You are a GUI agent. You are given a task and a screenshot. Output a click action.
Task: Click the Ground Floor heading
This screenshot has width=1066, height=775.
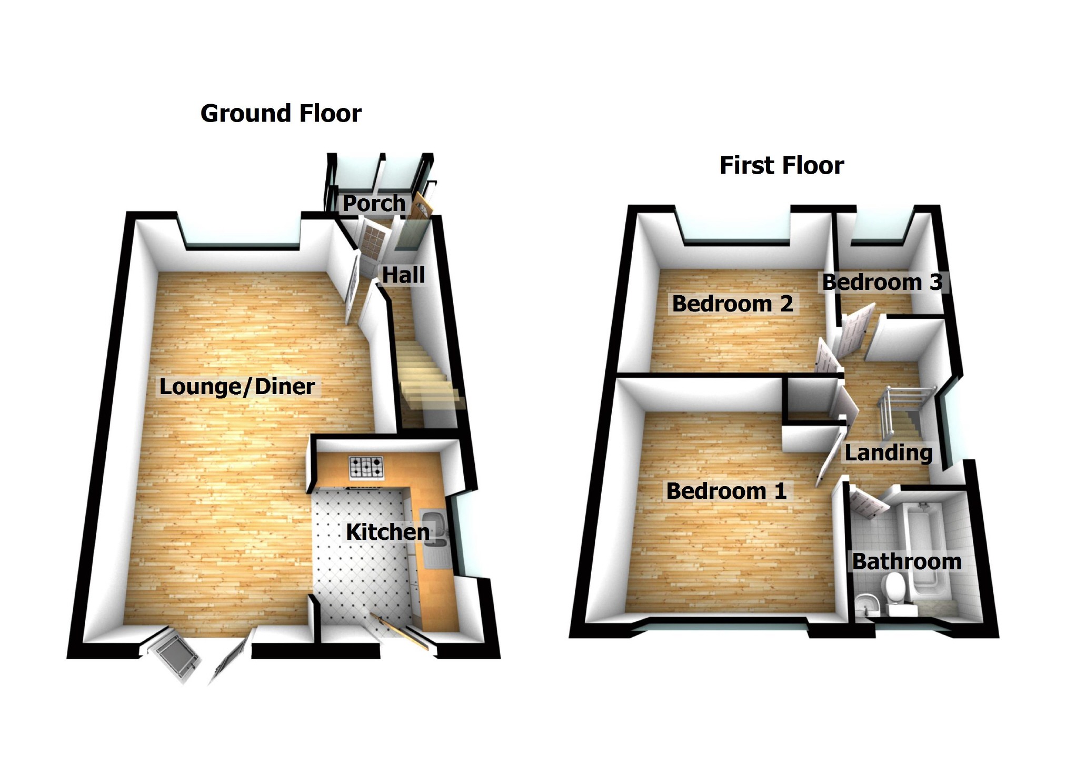point(281,114)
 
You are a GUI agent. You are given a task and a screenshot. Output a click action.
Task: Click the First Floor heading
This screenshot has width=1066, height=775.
point(781,166)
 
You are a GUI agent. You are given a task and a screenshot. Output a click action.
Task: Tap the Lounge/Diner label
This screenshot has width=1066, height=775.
point(237,387)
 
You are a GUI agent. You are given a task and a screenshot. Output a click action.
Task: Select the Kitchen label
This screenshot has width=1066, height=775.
point(387,532)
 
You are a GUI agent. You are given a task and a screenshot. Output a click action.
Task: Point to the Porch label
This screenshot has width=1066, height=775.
point(374,204)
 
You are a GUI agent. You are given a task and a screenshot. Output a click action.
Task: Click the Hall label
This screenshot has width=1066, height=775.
point(403,275)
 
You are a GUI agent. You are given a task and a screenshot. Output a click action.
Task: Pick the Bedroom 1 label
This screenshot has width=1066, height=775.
point(726,491)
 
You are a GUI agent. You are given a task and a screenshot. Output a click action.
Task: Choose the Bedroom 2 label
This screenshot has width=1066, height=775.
point(732,304)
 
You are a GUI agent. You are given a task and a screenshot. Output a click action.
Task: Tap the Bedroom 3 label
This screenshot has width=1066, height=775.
point(882,283)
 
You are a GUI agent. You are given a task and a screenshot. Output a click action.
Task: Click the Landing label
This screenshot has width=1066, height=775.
point(889,453)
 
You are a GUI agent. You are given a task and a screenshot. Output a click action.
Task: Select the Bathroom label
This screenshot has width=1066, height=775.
point(906,562)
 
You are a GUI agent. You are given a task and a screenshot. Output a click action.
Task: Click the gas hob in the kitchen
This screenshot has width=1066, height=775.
point(366,467)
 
